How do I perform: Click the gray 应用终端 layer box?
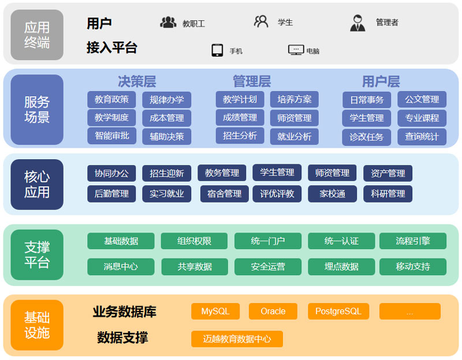point(37,35)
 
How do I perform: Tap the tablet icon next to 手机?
point(218,50)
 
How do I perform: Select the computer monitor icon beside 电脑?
point(296,50)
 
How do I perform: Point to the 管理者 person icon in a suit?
point(357,23)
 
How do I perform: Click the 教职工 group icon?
point(168,22)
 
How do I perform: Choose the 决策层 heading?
point(137,81)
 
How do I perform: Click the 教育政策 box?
point(111,99)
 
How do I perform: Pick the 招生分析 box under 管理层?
point(240,136)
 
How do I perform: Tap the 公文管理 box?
point(422,99)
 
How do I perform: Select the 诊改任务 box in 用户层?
point(367,137)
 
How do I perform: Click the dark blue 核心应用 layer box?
point(37,185)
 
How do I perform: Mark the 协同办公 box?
point(111,173)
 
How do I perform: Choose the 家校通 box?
point(333,194)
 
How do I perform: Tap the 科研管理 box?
point(388,194)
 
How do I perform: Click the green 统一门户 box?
point(268,241)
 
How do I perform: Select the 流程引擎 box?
point(413,241)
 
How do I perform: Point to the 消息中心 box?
point(121,267)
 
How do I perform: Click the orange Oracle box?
point(273,311)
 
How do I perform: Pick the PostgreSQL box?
point(338,311)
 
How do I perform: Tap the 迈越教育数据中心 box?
point(237,339)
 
